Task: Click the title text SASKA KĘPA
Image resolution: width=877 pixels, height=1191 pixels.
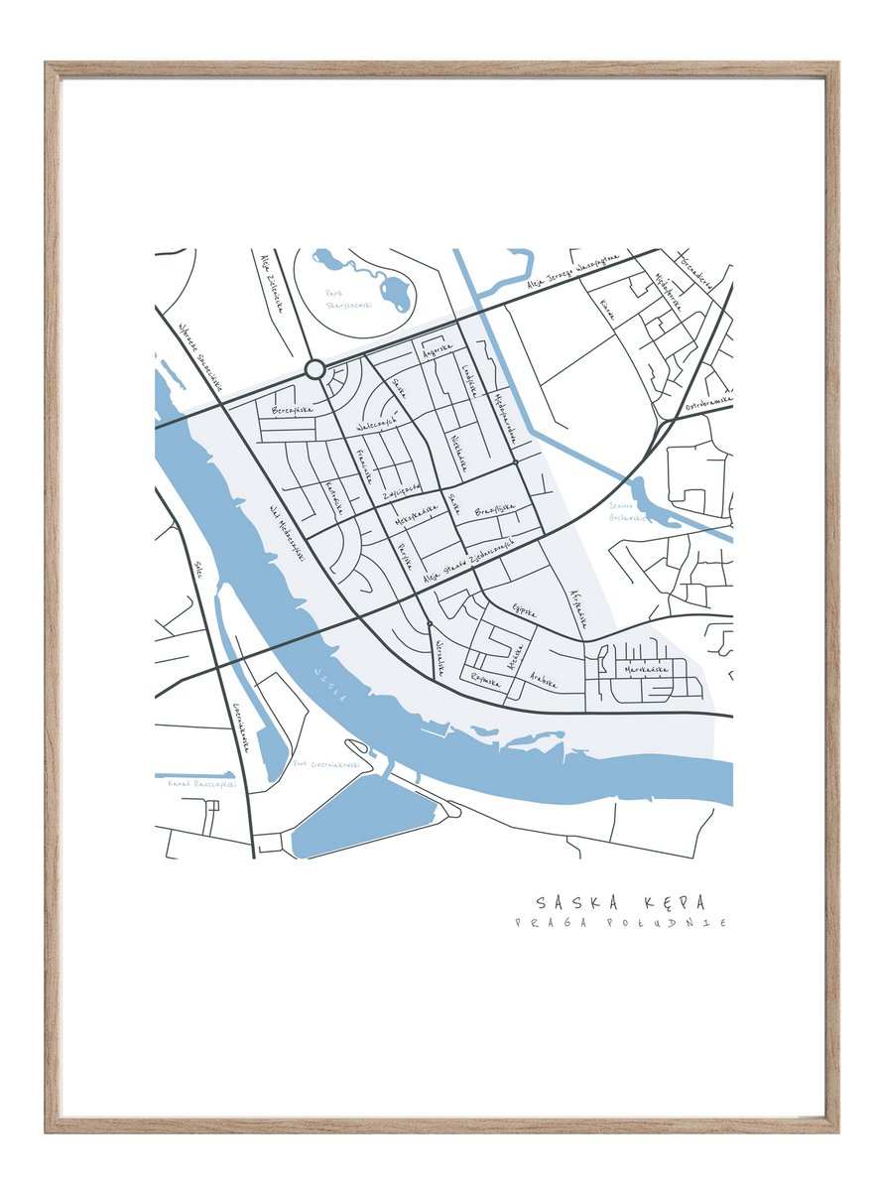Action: pyautogui.click(x=620, y=902)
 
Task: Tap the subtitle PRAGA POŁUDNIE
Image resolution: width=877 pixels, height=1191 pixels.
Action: pyautogui.click(x=620, y=923)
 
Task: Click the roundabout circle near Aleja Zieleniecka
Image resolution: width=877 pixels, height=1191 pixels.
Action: pyautogui.click(x=315, y=370)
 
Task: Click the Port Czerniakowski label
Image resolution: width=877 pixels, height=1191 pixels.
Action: pyautogui.click(x=317, y=765)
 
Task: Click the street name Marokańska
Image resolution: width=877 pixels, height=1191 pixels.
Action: pyautogui.click(x=646, y=670)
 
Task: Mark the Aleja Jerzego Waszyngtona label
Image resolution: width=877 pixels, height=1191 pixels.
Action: pyautogui.click(x=574, y=274)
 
